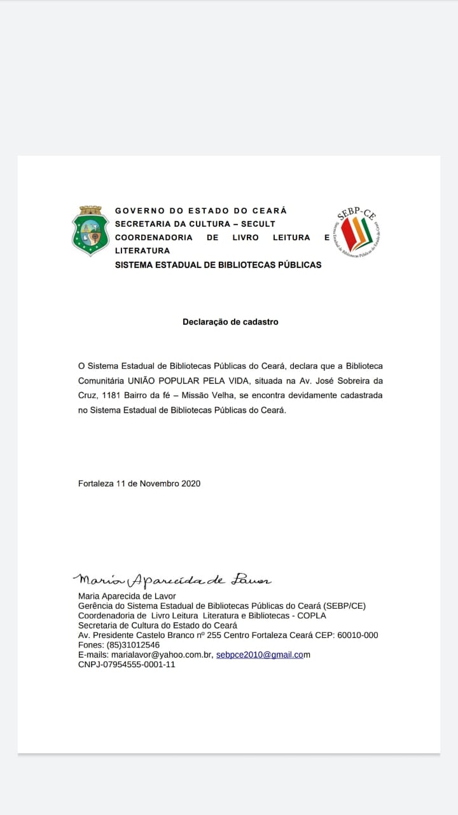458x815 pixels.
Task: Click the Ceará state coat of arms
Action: [x=90, y=230]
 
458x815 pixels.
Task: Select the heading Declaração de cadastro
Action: [x=230, y=322]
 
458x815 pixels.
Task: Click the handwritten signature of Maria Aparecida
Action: [x=172, y=579]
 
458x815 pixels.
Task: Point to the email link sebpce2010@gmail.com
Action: [x=261, y=655]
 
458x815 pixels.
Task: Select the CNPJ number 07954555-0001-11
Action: [x=127, y=665]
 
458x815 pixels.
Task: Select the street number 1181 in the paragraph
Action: [x=113, y=395]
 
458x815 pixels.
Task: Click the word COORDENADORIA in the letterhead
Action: [x=153, y=237]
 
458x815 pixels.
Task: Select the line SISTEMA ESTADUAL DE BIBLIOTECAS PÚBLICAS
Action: [x=218, y=265]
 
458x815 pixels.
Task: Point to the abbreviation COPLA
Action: [x=311, y=616]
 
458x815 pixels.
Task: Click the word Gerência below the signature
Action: [x=96, y=606]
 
